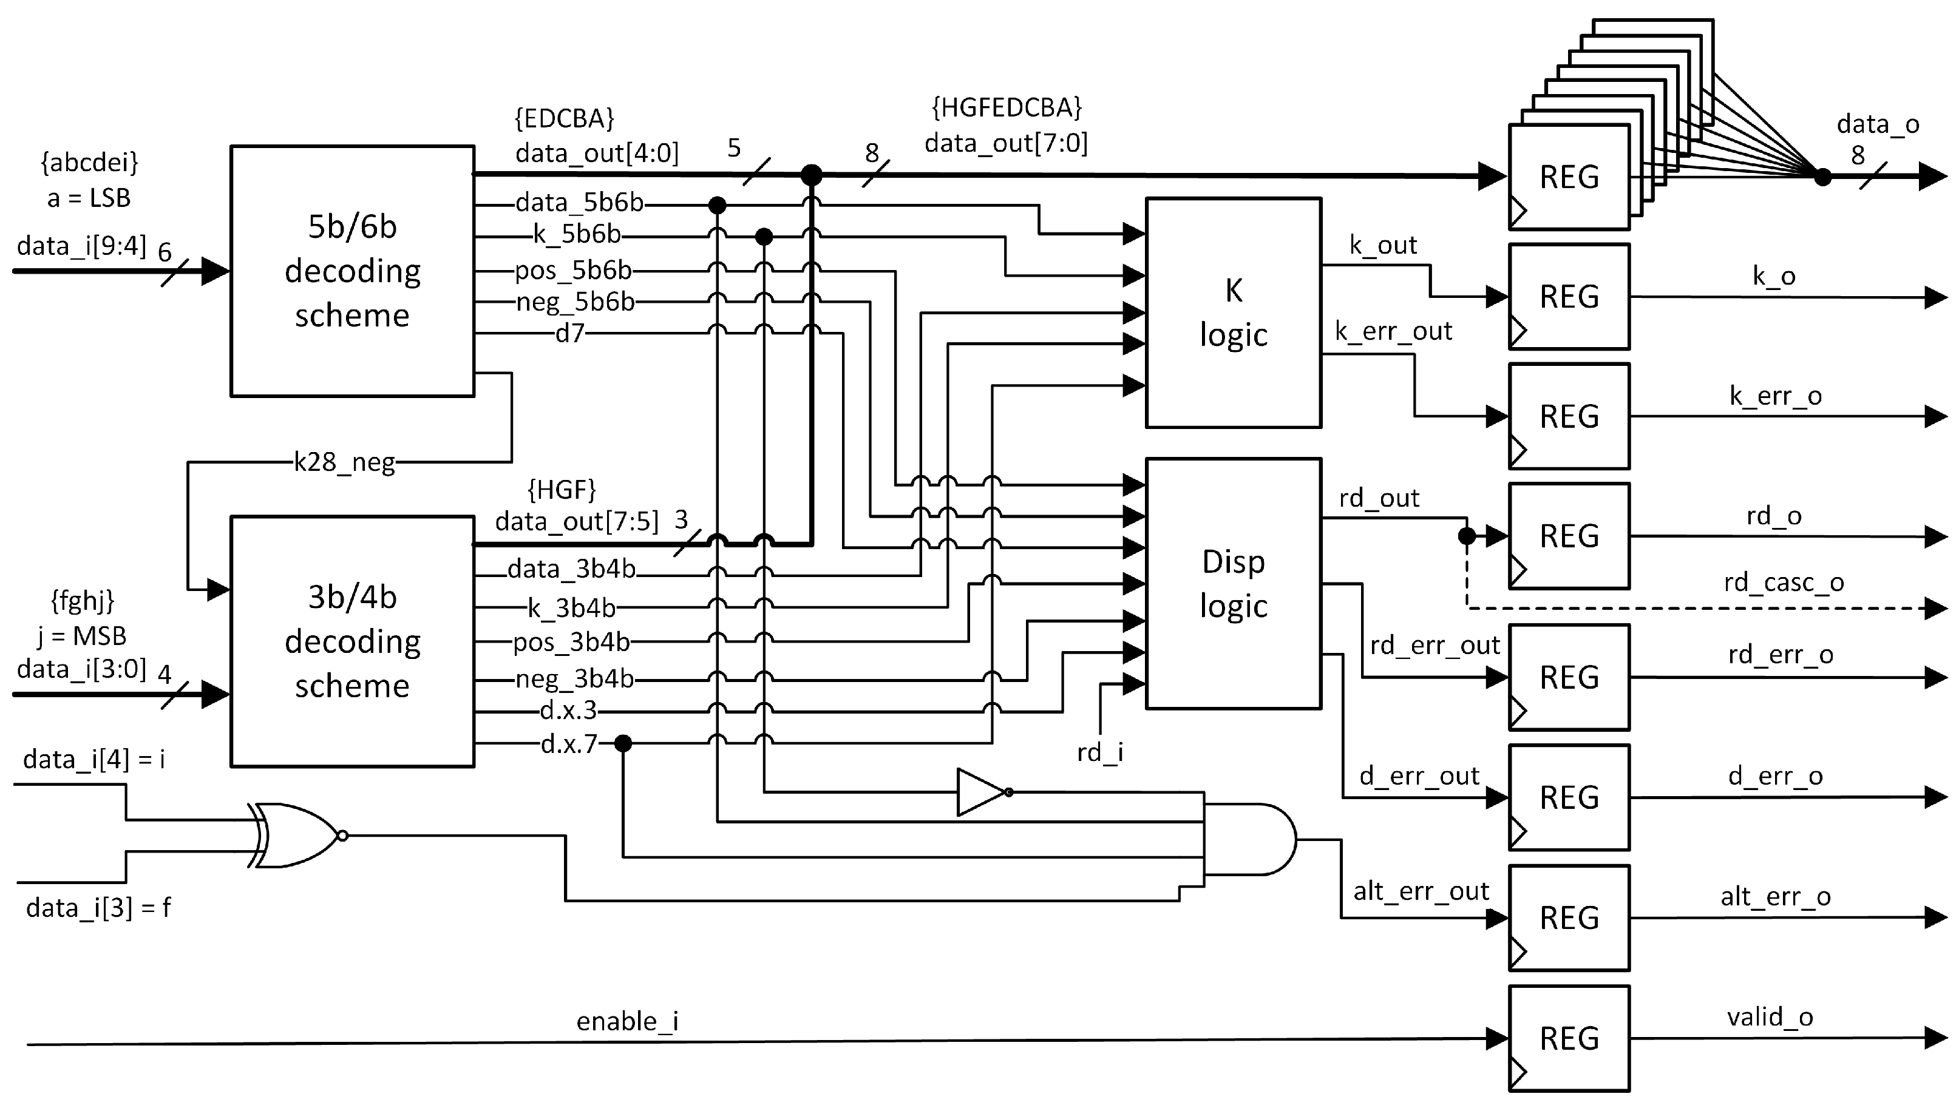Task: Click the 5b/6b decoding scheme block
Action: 352,271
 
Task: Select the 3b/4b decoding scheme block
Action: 352,641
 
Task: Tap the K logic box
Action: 1233,312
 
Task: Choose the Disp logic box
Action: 1233,583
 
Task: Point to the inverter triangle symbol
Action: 982,792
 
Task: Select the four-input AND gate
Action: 1248,839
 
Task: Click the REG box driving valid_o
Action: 1569,1038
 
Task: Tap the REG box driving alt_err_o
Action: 1569,917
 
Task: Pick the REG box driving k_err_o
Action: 1569,416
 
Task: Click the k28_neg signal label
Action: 344,462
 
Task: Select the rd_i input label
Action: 1100,752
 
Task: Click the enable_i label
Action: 627,1021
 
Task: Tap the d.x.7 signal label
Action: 569,743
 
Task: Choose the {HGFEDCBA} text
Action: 1006,108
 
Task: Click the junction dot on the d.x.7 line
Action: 623,743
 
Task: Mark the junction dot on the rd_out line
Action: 1467,536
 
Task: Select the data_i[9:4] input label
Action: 81,246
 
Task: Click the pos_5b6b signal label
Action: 572,269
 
